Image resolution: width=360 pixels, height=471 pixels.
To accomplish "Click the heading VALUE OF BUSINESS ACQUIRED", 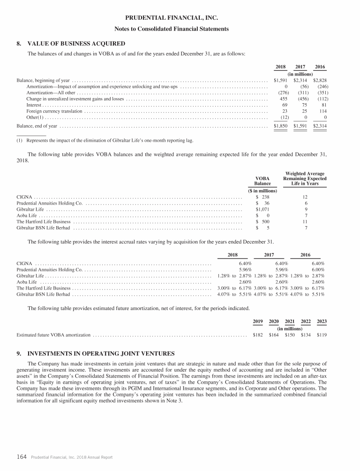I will pos(76,44).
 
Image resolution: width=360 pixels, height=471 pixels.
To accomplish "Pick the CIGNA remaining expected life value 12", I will pos(305,197).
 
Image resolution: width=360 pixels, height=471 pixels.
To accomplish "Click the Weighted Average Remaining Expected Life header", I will pos(305,179).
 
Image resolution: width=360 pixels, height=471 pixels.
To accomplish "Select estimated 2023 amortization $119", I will pos(322,335).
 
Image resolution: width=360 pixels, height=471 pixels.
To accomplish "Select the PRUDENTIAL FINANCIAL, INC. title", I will pos(180,18).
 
